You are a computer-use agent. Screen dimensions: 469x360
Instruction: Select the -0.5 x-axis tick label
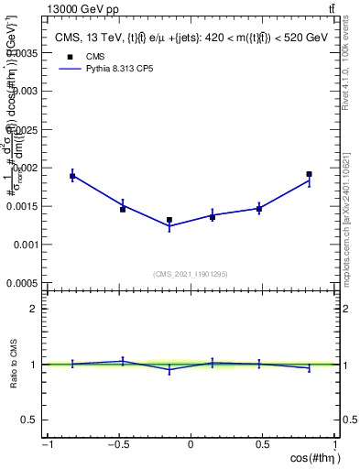tap(117, 444)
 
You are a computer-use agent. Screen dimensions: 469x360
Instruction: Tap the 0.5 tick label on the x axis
tap(264, 444)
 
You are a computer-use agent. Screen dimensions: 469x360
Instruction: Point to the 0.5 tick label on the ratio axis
tap(33, 420)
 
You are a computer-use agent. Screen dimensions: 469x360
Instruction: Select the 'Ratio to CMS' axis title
tap(15, 365)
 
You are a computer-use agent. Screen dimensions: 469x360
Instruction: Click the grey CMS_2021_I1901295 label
tap(191, 274)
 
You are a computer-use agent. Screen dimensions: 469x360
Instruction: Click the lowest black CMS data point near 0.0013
tap(169, 220)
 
